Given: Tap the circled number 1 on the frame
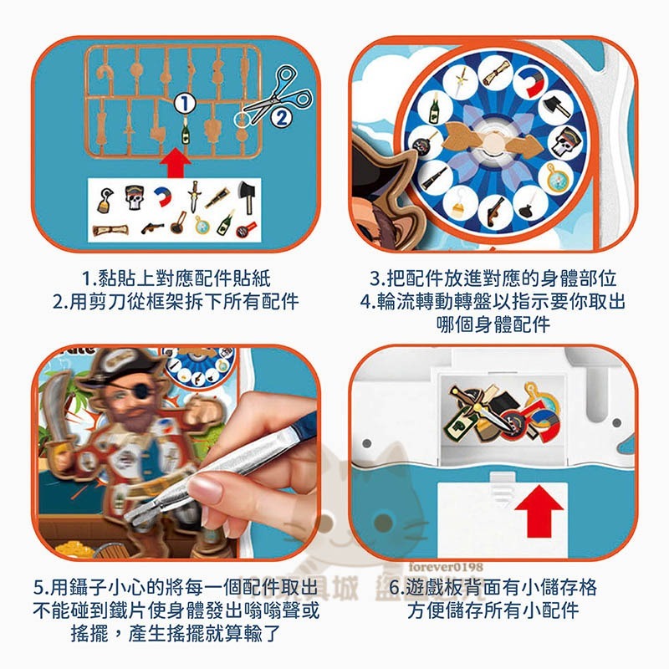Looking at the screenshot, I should pyautogui.click(x=186, y=103).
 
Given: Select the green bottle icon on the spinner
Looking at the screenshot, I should pyautogui.click(x=433, y=107).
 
